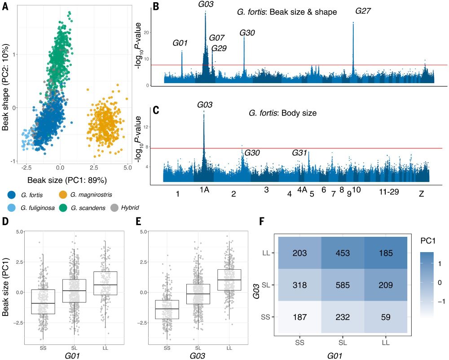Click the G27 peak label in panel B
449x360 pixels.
click(363, 11)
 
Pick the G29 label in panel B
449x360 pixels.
click(219, 48)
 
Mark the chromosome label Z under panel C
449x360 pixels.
click(421, 194)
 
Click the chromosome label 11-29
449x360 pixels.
click(388, 192)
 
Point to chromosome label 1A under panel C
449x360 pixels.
click(204, 190)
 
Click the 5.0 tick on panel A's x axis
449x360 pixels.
click(127, 168)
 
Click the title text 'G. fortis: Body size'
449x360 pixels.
click(282, 113)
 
